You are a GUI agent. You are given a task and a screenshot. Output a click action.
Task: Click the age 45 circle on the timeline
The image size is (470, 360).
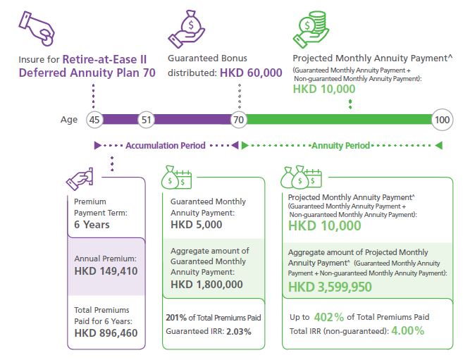click(94, 120)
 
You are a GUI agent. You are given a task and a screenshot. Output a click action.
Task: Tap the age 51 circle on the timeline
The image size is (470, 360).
click(146, 120)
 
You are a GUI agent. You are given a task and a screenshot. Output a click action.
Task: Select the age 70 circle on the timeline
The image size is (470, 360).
click(240, 120)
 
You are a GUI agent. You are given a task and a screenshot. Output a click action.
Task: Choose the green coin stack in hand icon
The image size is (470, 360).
click(311, 28)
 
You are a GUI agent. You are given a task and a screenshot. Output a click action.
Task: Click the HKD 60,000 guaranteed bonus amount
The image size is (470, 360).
click(251, 73)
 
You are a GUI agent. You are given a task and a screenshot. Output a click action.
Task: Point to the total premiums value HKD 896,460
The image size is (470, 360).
click(106, 333)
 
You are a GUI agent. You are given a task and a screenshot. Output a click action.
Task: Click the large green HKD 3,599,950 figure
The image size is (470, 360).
click(330, 287)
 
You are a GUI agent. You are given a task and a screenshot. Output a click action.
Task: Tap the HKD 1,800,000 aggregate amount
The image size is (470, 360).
click(207, 285)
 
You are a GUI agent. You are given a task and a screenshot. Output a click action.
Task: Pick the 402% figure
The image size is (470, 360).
click(324, 316)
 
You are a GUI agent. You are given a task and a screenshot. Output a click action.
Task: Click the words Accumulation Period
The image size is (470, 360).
click(165, 146)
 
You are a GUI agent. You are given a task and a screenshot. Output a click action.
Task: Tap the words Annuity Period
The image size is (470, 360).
click(340, 146)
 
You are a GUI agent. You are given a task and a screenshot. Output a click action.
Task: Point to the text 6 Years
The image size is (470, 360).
click(92, 225)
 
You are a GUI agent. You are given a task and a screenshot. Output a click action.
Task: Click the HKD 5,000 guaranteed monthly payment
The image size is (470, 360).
click(197, 225)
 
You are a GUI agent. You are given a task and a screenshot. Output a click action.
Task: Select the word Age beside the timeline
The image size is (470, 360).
click(69, 120)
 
